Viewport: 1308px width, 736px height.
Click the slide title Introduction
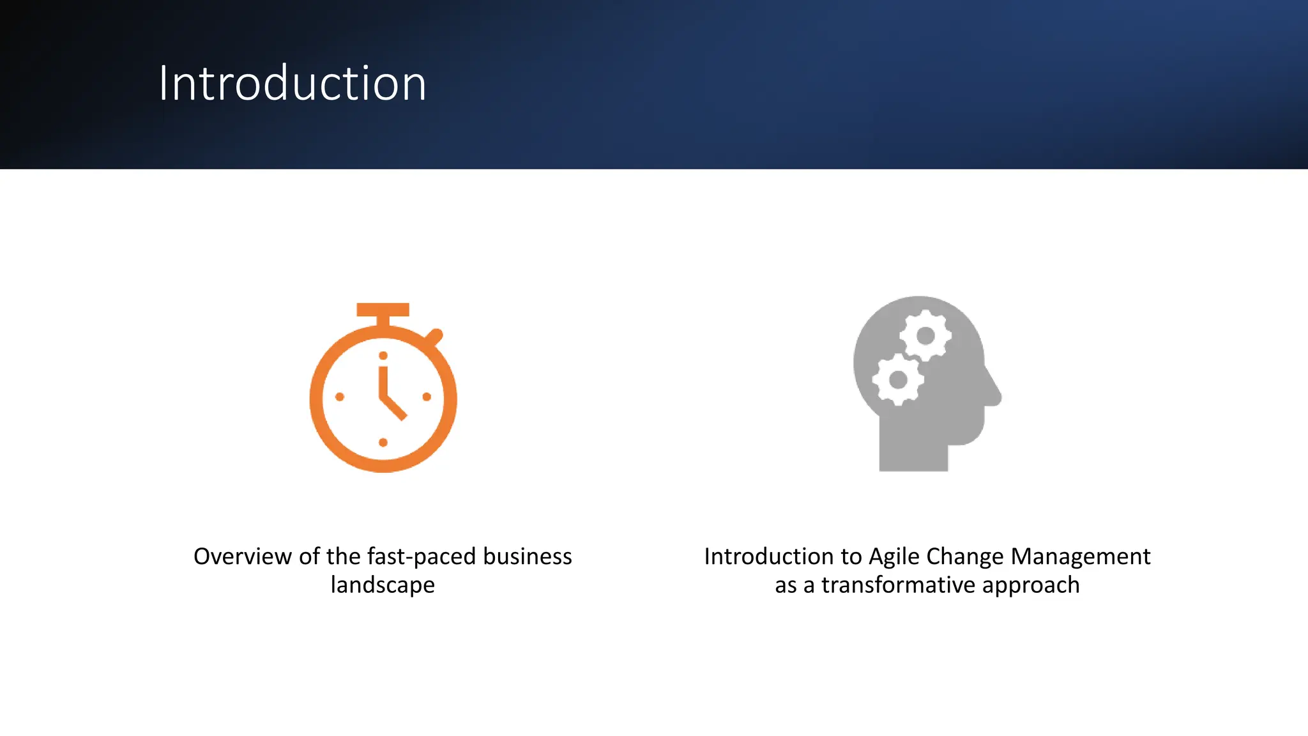[x=292, y=84]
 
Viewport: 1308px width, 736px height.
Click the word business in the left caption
[x=527, y=556]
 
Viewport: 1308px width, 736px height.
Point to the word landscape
[x=383, y=585]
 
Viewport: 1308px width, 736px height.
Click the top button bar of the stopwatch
[x=383, y=310]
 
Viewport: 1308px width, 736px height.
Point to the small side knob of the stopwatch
[x=434, y=336]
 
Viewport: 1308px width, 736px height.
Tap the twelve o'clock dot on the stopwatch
[x=383, y=356]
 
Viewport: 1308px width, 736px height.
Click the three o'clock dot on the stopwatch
[x=427, y=397]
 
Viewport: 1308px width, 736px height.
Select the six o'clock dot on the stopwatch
[x=383, y=442]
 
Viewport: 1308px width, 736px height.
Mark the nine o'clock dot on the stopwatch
[x=340, y=397]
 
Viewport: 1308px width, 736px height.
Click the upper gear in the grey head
[x=925, y=335]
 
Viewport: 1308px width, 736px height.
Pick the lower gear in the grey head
[x=898, y=379]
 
